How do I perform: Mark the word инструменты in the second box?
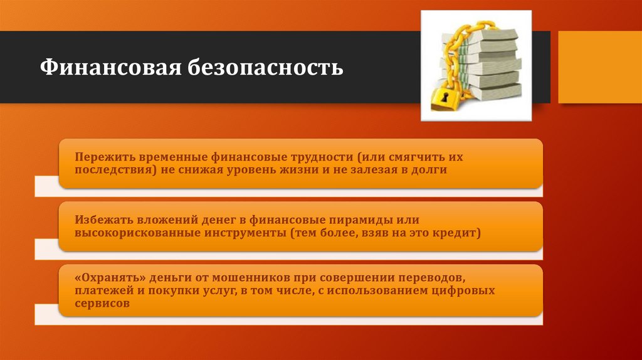coord(244,234)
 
